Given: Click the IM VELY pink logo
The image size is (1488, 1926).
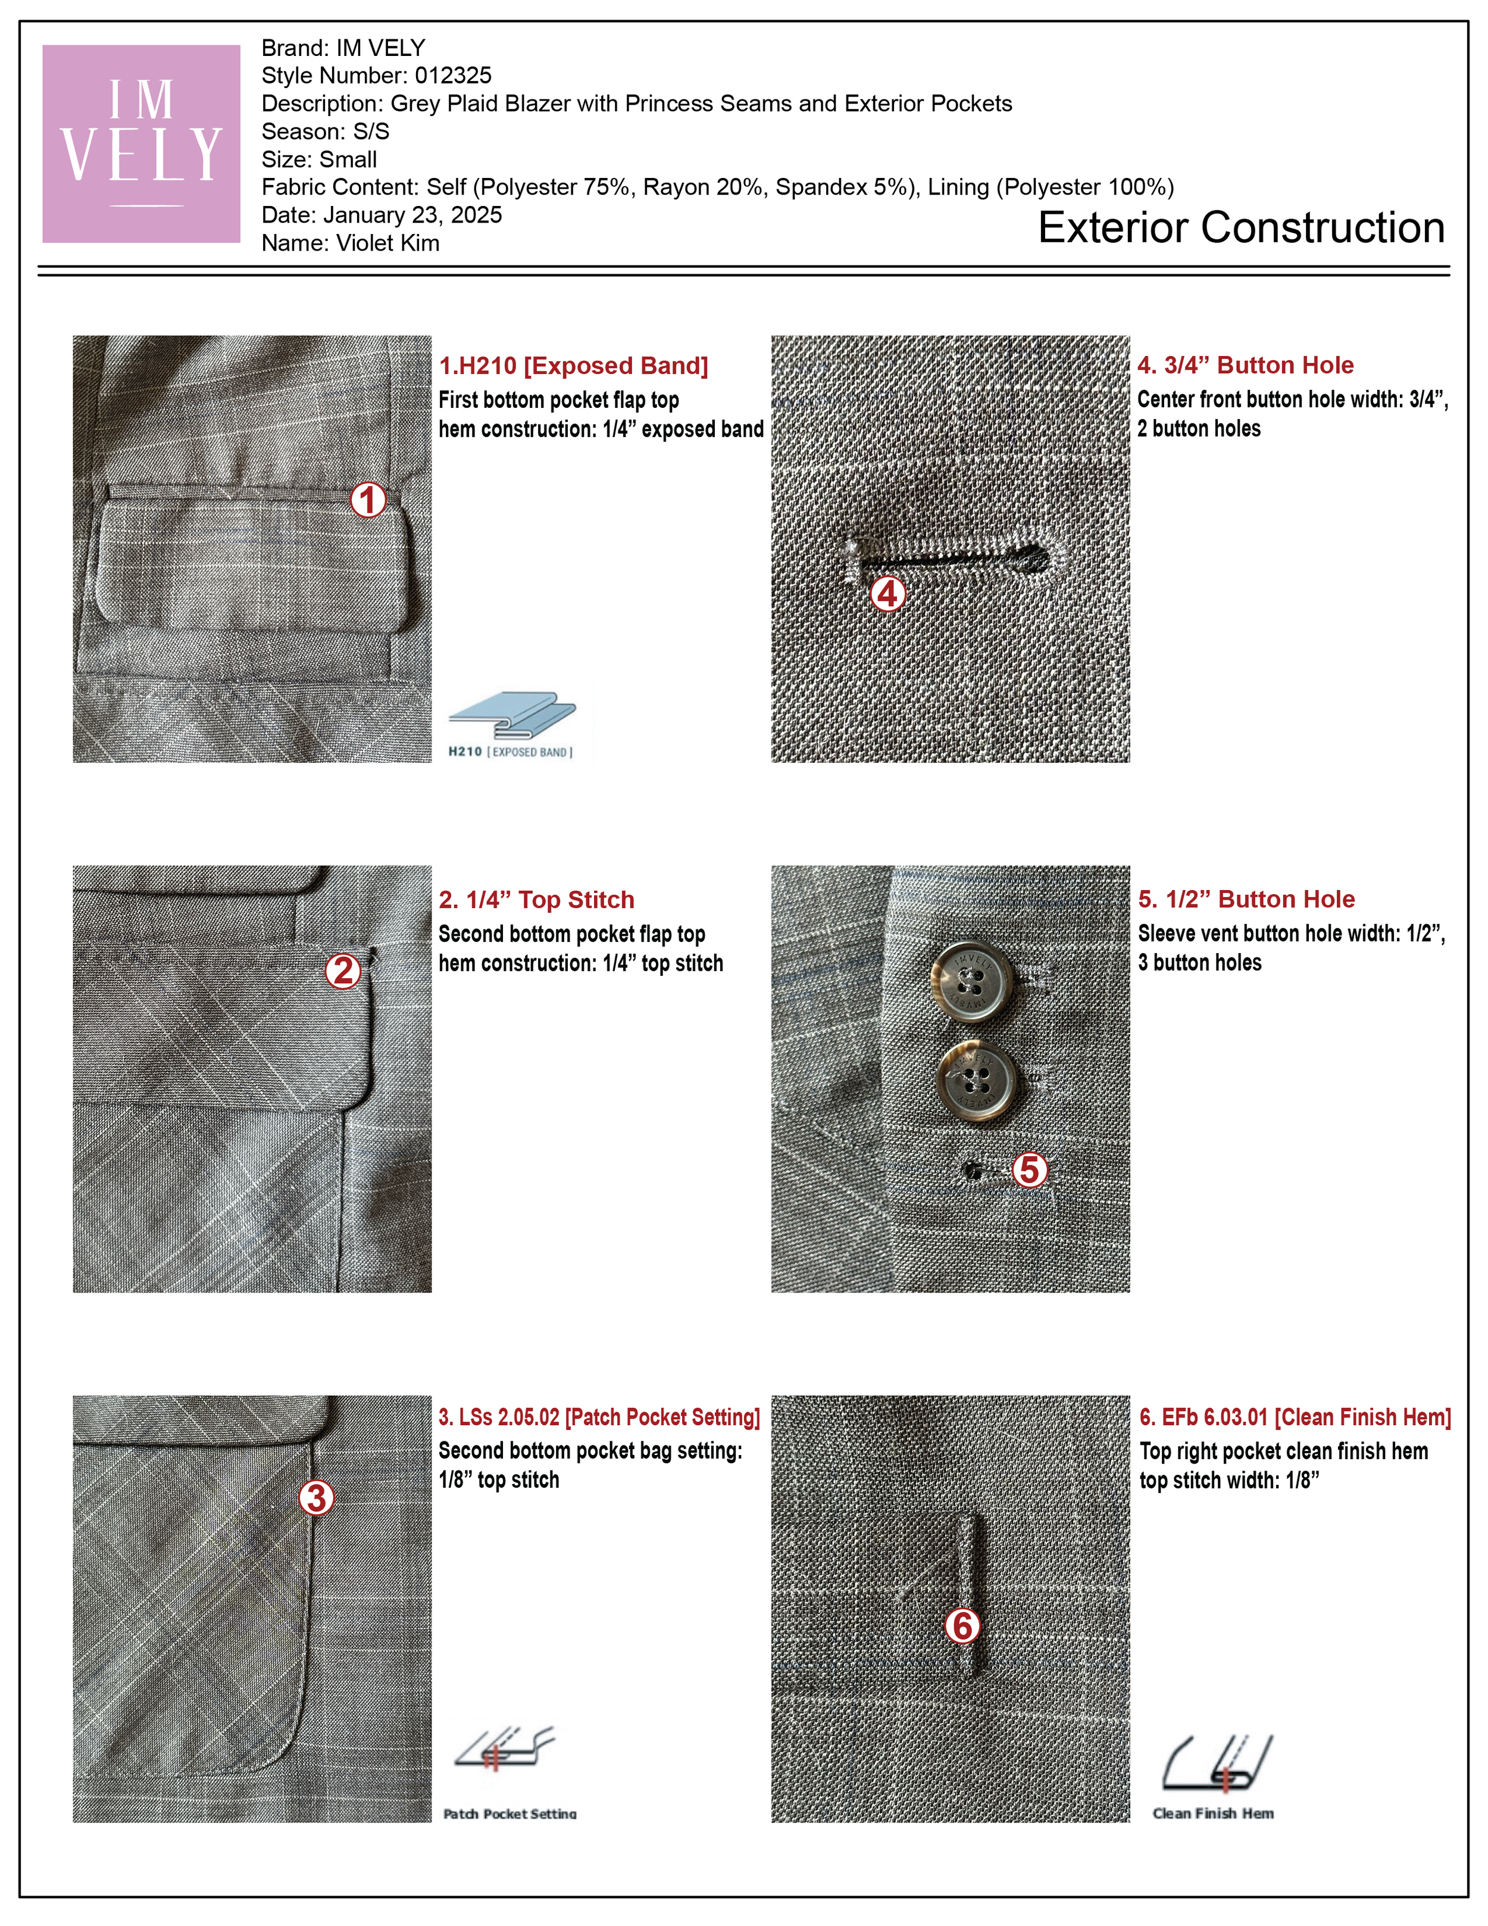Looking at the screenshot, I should click(141, 143).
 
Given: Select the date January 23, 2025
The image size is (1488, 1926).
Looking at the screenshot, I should click(412, 215).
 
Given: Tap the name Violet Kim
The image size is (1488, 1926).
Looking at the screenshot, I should click(388, 244).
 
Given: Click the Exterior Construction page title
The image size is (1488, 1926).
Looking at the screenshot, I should click(1241, 227).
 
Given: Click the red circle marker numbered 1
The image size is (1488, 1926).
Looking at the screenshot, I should click(368, 500).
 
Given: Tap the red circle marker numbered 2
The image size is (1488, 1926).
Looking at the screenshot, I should click(343, 971).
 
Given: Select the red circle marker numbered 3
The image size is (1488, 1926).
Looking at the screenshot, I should click(317, 1497).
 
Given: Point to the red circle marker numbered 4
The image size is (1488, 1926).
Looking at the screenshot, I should click(887, 594).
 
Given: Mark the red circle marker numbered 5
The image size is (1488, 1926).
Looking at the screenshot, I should click(1030, 1170).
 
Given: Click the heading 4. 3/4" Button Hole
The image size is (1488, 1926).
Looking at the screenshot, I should click(1245, 365).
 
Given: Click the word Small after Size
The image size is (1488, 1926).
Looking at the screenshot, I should click(348, 160).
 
